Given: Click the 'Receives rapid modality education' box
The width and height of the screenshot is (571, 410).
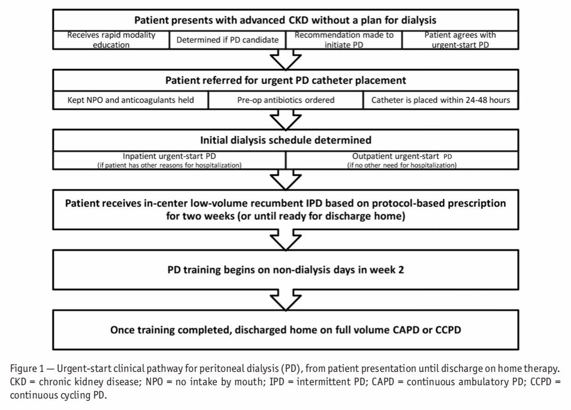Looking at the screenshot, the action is [x=111, y=40].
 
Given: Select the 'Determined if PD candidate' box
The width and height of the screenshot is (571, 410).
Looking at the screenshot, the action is [x=227, y=40].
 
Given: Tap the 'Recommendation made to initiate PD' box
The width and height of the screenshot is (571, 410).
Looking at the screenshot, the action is [x=344, y=40].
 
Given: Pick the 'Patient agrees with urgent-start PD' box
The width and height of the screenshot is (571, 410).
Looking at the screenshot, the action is [x=460, y=40].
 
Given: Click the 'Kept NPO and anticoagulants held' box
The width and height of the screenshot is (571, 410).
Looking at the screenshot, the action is [x=130, y=100].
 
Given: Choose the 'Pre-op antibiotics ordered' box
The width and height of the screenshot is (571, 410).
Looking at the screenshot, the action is [x=286, y=100].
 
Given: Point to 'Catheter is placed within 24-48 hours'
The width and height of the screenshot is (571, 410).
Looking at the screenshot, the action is [x=441, y=100].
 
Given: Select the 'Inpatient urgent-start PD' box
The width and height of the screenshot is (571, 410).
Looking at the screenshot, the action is [x=169, y=161].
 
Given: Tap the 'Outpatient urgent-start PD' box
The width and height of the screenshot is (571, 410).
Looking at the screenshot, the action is [x=402, y=161].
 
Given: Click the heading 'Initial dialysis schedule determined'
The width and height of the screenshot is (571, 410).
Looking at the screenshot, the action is [x=286, y=140].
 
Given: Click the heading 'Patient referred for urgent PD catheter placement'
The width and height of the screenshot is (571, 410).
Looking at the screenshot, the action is [x=286, y=80].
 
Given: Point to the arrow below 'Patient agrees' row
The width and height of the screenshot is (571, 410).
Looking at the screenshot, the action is [x=286, y=59].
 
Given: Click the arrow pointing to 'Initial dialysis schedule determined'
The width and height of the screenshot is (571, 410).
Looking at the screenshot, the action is [x=286, y=120].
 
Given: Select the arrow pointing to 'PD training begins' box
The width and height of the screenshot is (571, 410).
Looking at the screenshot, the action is [x=286, y=240].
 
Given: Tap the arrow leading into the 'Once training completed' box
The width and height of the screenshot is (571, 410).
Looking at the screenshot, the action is [x=286, y=300].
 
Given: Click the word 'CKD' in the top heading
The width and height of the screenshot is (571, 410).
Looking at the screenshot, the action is [x=298, y=20].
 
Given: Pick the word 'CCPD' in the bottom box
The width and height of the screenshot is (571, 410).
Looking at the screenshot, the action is [x=448, y=330].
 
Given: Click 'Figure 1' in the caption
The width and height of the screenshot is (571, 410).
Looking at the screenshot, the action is [x=27, y=369].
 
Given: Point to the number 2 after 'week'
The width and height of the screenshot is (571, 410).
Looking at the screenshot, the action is [x=401, y=270].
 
